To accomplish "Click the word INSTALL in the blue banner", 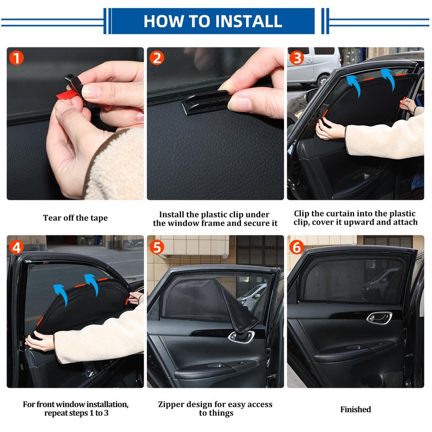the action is pyautogui.click(x=248, y=21).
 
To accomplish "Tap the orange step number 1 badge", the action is pyautogui.click(x=16, y=58).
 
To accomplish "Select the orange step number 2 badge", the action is pyautogui.click(x=157, y=58).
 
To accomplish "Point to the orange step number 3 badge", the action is pyautogui.click(x=296, y=58).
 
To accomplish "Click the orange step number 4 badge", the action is pyautogui.click(x=16, y=247).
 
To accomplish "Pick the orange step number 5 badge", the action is pyautogui.click(x=157, y=247).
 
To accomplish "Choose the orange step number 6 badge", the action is pyautogui.click(x=296, y=247).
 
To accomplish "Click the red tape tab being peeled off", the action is pyautogui.click(x=67, y=95).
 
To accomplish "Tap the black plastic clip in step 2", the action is pyautogui.click(x=205, y=102).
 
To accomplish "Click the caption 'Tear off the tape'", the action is pyautogui.click(x=75, y=218).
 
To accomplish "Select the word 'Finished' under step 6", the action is pyautogui.click(x=355, y=409).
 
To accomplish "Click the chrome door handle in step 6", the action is pyautogui.click(x=379, y=318).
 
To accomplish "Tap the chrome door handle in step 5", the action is pyautogui.click(x=241, y=336).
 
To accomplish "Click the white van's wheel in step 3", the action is pyautogui.click(x=322, y=80).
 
